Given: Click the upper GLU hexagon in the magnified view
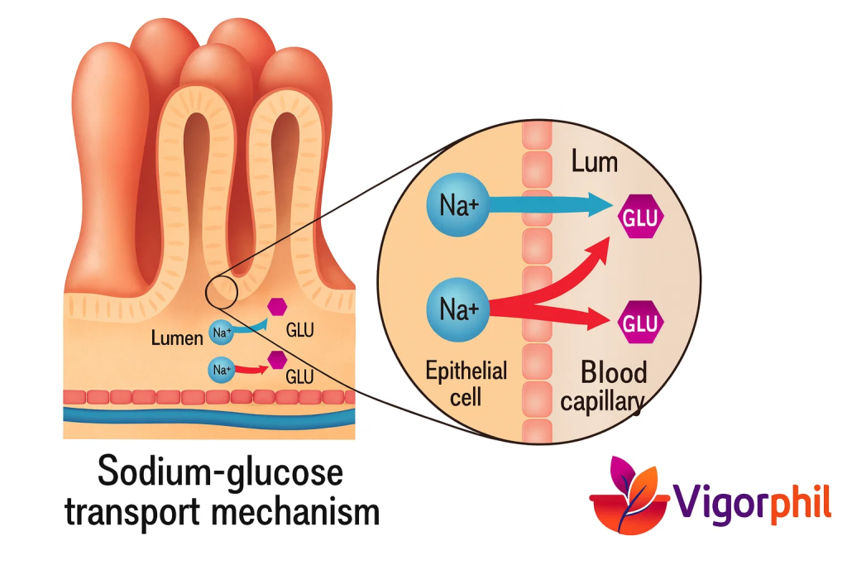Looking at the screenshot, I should pyautogui.click(x=641, y=218).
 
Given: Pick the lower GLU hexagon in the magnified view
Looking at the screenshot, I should pyautogui.click(x=641, y=323).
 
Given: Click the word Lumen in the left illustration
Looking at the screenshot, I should pyautogui.click(x=177, y=338).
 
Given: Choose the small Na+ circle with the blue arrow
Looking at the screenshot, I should pyautogui.click(x=221, y=333).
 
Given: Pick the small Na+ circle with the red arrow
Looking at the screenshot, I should pyautogui.click(x=221, y=369).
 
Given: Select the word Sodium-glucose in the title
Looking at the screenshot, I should pyautogui.click(x=220, y=474).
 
